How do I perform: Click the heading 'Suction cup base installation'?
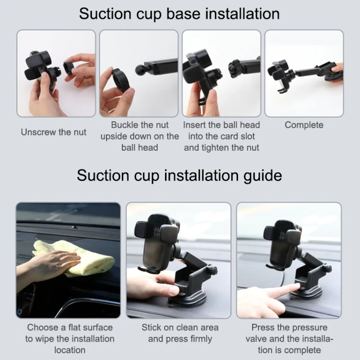point(180,14)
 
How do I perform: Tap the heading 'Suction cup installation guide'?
point(180,176)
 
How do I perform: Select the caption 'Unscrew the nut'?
point(54,132)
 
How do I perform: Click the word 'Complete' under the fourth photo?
point(304,125)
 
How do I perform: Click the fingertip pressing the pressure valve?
point(297,286)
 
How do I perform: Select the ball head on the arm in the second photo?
point(141,70)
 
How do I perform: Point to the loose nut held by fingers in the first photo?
point(69,68)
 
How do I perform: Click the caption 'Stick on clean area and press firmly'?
point(180,333)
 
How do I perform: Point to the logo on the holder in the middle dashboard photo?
point(156,230)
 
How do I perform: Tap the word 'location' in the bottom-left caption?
point(70,350)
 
